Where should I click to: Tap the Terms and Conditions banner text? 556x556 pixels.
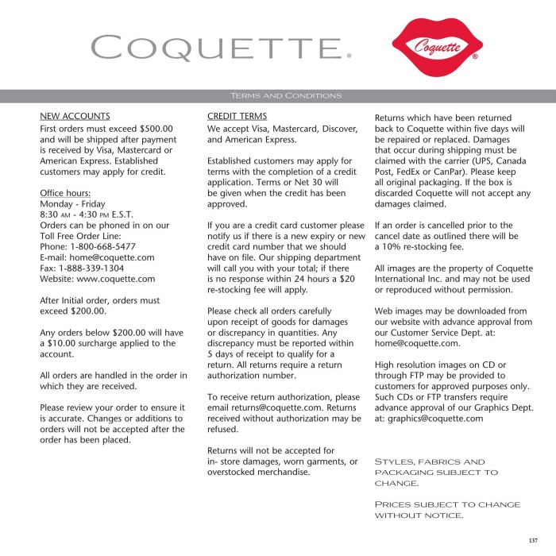point(285,96)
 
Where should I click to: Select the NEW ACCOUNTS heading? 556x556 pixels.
point(75,116)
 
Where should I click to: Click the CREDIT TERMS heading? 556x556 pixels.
point(237,116)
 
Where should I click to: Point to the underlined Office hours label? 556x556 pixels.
point(65,193)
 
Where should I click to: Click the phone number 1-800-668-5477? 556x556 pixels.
point(103,246)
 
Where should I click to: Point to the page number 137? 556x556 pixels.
point(532,541)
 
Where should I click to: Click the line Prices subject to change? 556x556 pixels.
point(447,504)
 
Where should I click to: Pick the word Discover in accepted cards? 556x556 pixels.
point(339,128)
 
